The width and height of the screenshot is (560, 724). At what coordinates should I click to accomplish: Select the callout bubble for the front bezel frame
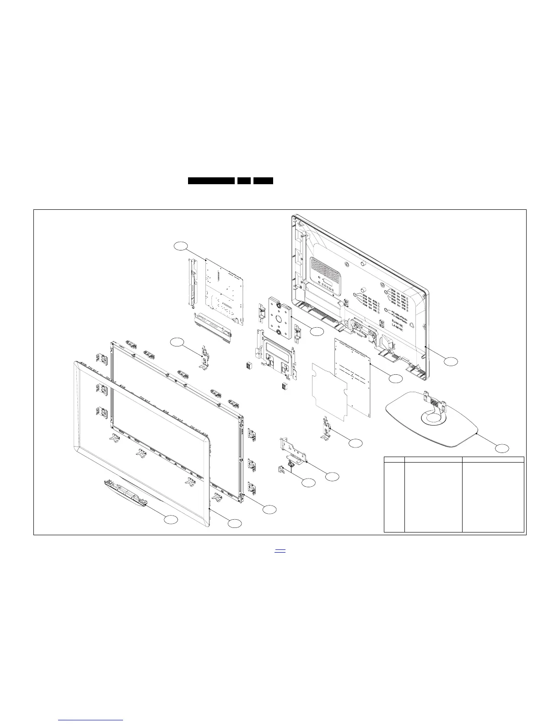(x=235, y=523)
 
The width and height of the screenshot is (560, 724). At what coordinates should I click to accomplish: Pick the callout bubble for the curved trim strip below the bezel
(x=171, y=519)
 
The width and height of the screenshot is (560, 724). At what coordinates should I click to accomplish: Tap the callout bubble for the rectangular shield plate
(x=396, y=378)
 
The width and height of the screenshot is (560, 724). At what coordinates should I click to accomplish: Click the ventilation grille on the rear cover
(x=326, y=272)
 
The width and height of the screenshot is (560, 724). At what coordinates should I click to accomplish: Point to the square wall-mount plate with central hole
(x=279, y=318)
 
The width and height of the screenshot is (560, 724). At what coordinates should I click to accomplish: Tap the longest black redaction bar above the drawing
(x=211, y=181)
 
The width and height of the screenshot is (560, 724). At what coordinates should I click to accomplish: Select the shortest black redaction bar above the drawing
(x=244, y=181)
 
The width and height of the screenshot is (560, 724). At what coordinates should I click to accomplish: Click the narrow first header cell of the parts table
(x=394, y=459)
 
